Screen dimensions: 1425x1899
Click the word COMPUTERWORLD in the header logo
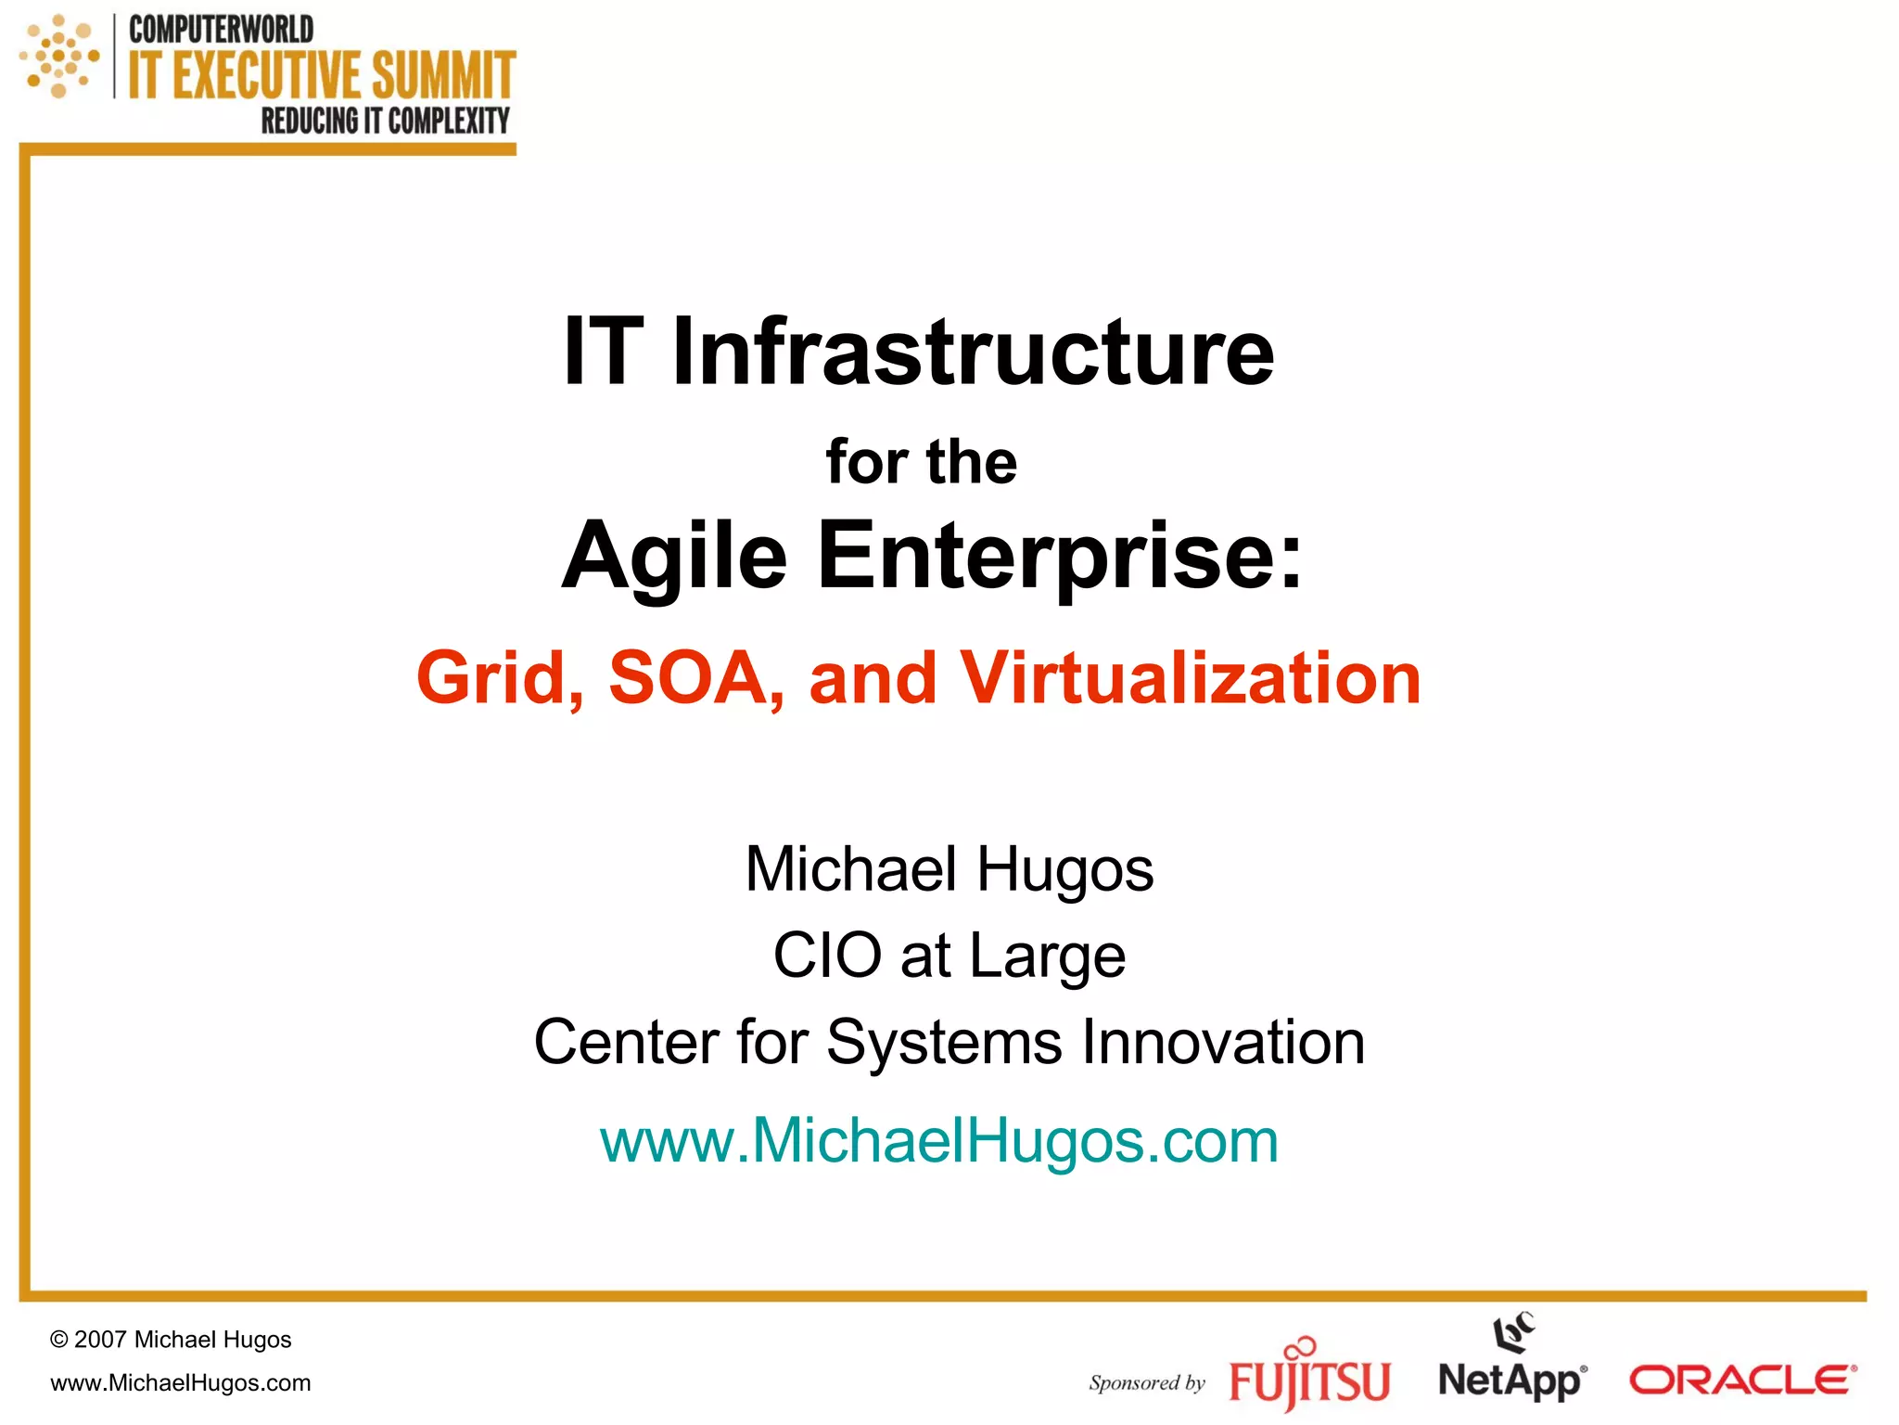(x=221, y=30)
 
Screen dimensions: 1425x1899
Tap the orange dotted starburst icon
(x=59, y=57)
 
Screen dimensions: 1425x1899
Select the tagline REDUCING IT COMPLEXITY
(x=385, y=121)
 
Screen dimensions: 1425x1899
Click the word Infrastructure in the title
(x=973, y=352)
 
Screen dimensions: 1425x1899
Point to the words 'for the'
(x=921, y=462)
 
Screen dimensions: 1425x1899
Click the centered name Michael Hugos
(x=949, y=869)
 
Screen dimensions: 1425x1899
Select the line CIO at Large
(x=949, y=956)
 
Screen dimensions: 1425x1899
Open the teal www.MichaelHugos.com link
(x=938, y=1140)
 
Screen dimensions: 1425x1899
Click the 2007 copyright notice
(x=171, y=1340)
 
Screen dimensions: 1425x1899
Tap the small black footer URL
(x=181, y=1383)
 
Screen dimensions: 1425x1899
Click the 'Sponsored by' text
(x=1146, y=1383)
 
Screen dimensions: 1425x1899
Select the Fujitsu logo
(x=1309, y=1377)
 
